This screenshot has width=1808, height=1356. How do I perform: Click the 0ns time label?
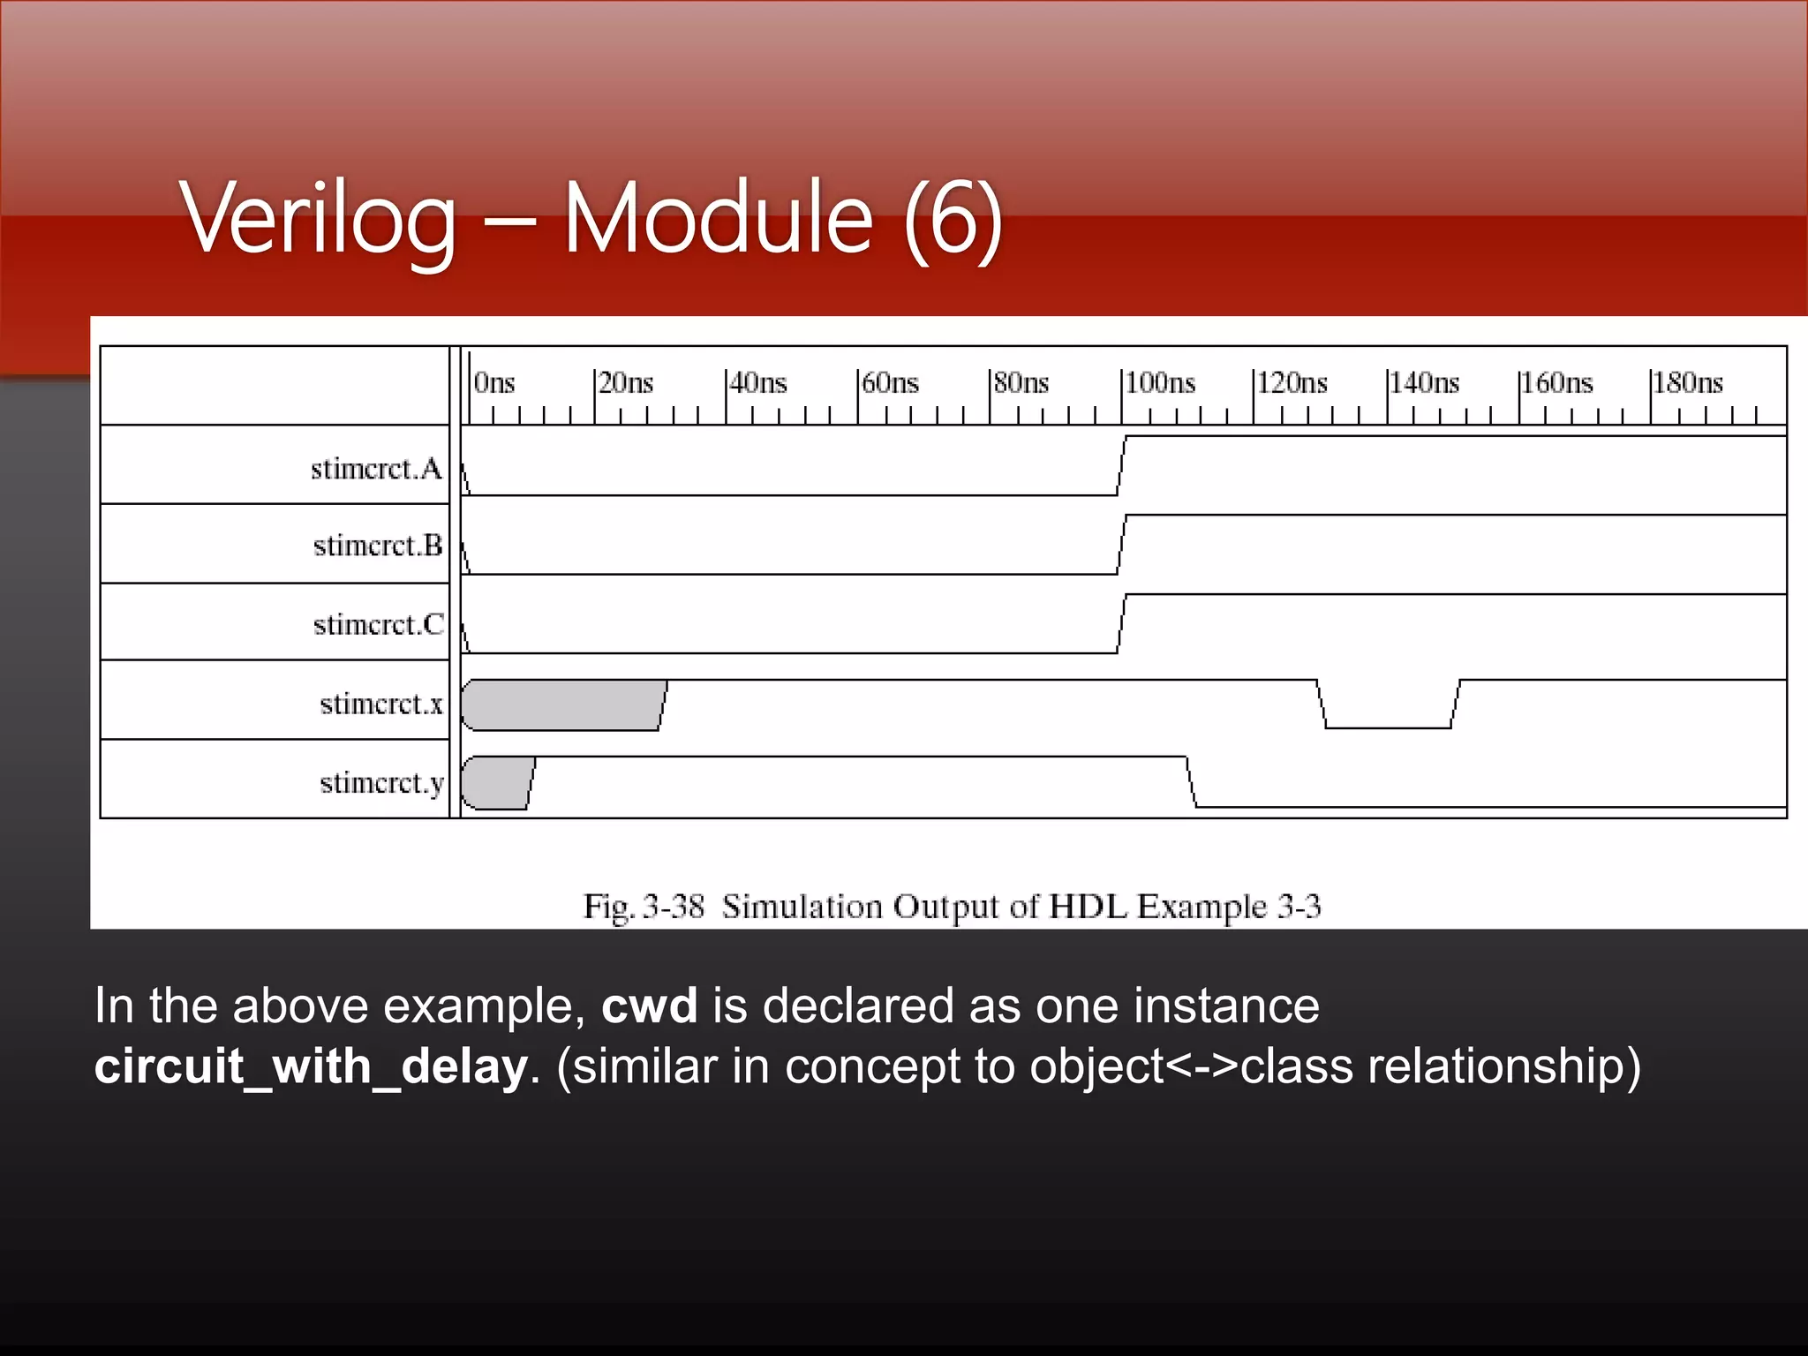(x=494, y=383)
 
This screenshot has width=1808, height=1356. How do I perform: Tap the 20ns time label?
(x=626, y=383)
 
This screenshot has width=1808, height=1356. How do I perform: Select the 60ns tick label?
(x=890, y=383)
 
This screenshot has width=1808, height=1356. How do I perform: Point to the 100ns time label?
(x=1160, y=383)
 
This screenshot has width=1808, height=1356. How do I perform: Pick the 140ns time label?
(x=1424, y=383)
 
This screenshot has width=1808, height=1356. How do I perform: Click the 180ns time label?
(x=1688, y=383)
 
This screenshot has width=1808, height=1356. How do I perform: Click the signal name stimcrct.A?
(x=376, y=469)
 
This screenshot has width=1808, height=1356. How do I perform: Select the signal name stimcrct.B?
(x=378, y=546)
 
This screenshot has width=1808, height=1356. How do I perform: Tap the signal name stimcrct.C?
(x=379, y=624)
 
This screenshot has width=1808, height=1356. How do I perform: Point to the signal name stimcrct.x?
(x=381, y=704)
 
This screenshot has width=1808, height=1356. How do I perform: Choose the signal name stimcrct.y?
(x=381, y=783)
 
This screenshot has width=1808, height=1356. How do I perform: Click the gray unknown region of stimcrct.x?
(x=561, y=705)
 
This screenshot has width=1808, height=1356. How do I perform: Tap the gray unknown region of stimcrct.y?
(x=496, y=783)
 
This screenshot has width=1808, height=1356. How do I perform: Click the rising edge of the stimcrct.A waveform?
(x=1122, y=466)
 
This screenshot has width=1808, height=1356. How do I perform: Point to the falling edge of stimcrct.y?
(x=1192, y=782)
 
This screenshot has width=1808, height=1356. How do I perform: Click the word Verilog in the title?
(x=320, y=218)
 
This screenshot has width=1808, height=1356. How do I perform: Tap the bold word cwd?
(x=649, y=1006)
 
